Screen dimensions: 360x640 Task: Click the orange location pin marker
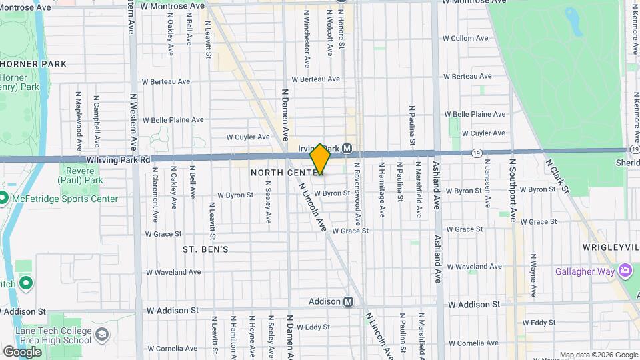coord(320,159)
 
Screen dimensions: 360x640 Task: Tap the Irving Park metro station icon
coord(347,148)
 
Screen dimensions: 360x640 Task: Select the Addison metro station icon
coord(348,301)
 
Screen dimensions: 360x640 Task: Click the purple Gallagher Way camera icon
coord(625,270)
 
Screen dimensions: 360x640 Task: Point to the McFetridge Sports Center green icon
coord(3,199)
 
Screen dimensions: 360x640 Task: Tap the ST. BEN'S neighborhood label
coord(205,249)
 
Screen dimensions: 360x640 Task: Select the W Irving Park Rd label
coord(119,160)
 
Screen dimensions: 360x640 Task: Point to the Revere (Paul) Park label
coord(81,175)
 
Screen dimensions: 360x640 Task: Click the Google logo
coord(22,351)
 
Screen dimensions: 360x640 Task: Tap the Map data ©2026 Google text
coord(598,355)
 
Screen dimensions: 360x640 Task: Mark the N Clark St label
coord(557,176)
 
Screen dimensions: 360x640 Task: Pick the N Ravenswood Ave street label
coord(357,193)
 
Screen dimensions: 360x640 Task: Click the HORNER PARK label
coord(33,64)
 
